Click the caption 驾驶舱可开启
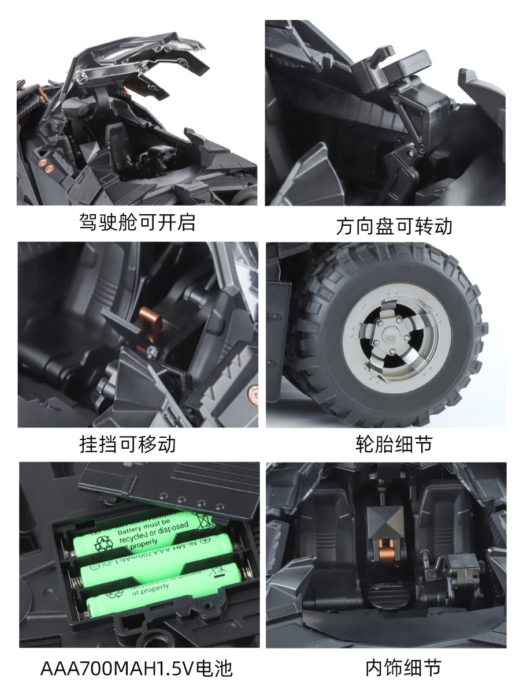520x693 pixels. [x=137, y=222]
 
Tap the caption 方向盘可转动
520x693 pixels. [x=394, y=226]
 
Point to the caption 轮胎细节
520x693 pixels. [x=394, y=445]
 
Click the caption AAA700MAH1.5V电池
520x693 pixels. [x=136, y=668]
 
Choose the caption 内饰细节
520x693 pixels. [x=394, y=668]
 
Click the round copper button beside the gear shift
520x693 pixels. [x=252, y=395]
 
